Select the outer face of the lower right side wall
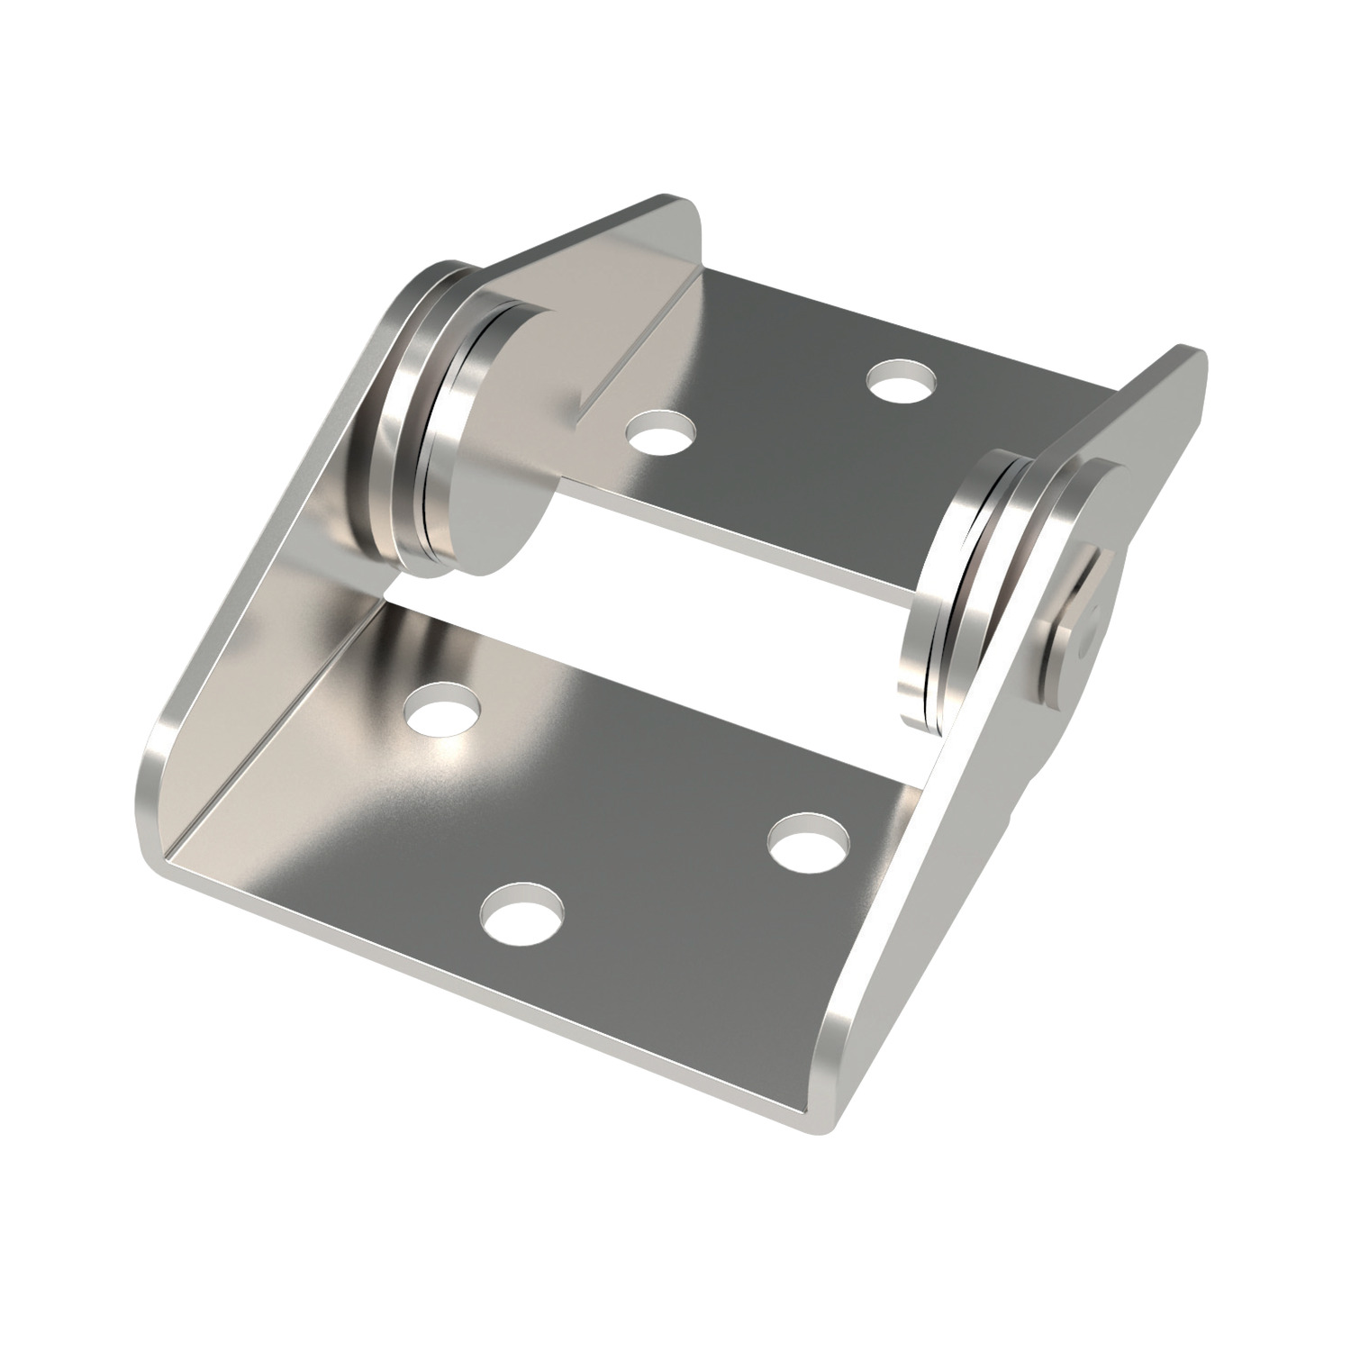pos(937,901)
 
